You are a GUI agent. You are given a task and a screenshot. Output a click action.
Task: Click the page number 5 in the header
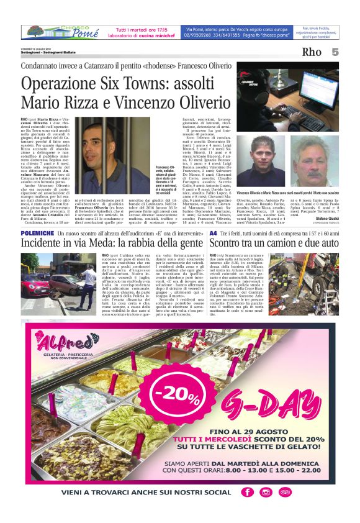coord(335,52)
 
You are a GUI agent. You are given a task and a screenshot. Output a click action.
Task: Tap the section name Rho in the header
coord(311,52)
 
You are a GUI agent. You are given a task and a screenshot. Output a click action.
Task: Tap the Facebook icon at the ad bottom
coord(248,492)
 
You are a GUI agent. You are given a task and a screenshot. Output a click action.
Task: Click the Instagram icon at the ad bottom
coord(266,492)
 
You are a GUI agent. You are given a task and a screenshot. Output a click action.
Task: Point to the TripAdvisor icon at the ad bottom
coord(285,492)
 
